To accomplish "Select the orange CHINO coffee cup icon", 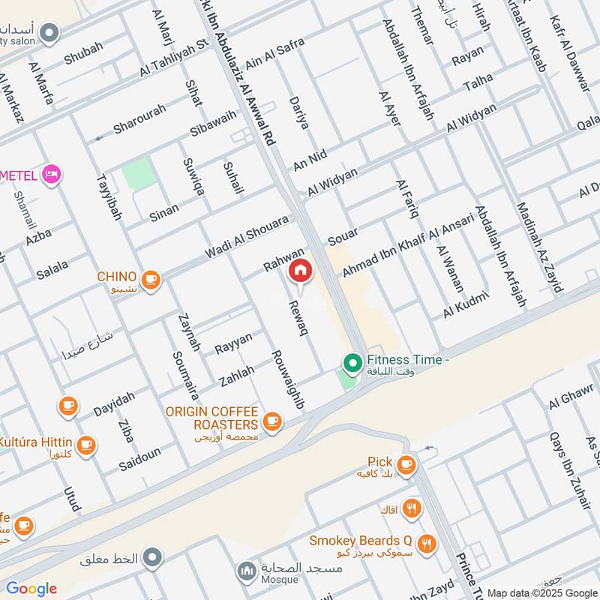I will (151, 279).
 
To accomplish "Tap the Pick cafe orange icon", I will (406, 465).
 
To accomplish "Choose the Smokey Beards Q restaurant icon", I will (426, 543).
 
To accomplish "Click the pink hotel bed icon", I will (52, 175).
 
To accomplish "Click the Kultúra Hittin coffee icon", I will (85, 444).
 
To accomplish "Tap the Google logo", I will (31, 589).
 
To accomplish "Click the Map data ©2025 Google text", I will (541, 592).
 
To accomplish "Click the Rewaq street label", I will (297, 316).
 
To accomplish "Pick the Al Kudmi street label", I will (466, 304).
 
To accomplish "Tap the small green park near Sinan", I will (139, 175).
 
